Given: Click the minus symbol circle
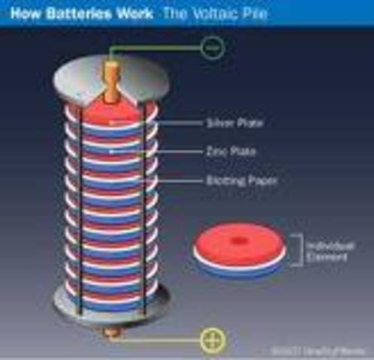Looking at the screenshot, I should pos(213,49).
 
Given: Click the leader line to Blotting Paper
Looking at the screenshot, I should pos(180,180).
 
